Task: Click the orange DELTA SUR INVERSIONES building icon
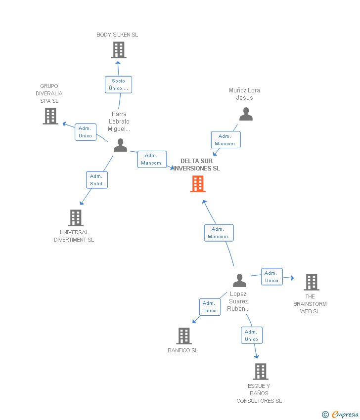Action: pyautogui.click(x=198, y=184)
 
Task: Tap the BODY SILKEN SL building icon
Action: pyautogui.click(x=118, y=50)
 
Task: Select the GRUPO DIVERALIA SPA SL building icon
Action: pyautogui.click(x=50, y=116)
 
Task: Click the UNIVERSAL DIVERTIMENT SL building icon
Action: pyautogui.click(x=75, y=217)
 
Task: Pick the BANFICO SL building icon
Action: pyautogui.click(x=183, y=336)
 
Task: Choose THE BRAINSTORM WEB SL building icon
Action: pyautogui.click(x=311, y=282)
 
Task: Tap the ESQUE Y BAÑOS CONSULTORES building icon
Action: pyautogui.click(x=260, y=371)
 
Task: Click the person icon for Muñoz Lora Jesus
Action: pyautogui.click(x=246, y=114)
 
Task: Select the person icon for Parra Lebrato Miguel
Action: pyautogui.click(x=120, y=145)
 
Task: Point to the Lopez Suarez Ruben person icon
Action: pyautogui.click(x=239, y=281)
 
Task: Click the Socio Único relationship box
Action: pyautogui.click(x=118, y=84)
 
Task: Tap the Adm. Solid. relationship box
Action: pyautogui.click(x=96, y=180)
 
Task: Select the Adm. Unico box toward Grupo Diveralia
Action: pyautogui.click(x=86, y=132)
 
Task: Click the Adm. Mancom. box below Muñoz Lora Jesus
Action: pyautogui.click(x=225, y=140)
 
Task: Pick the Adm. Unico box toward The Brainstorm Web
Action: pyautogui.click(x=271, y=277)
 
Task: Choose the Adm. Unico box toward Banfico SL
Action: pyautogui.click(x=210, y=307)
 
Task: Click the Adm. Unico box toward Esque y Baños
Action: pyautogui.click(x=251, y=336)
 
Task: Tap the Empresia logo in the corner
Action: pyautogui.click(x=341, y=415)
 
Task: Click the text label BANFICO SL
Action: pyautogui.click(x=182, y=351)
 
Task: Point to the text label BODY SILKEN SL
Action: pyautogui.click(x=117, y=35)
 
